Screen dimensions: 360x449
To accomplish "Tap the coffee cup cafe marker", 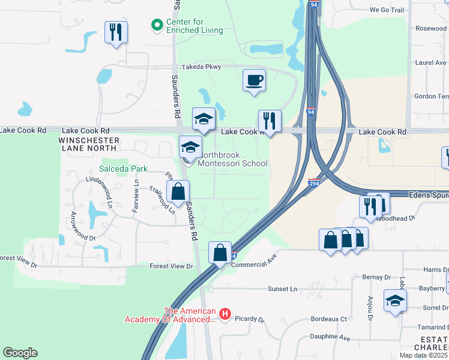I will tap(255, 80).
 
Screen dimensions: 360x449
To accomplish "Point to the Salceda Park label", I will tap(124, 169).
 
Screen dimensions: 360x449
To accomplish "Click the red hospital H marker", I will tap(225, 314).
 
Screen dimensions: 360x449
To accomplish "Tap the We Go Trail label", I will tap(388, 10).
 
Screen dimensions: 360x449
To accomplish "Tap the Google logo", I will tap(20, 353).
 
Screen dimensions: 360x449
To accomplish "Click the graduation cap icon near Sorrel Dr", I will tap(395, 301).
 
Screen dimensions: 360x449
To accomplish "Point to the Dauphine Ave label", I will tap(330, 338).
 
